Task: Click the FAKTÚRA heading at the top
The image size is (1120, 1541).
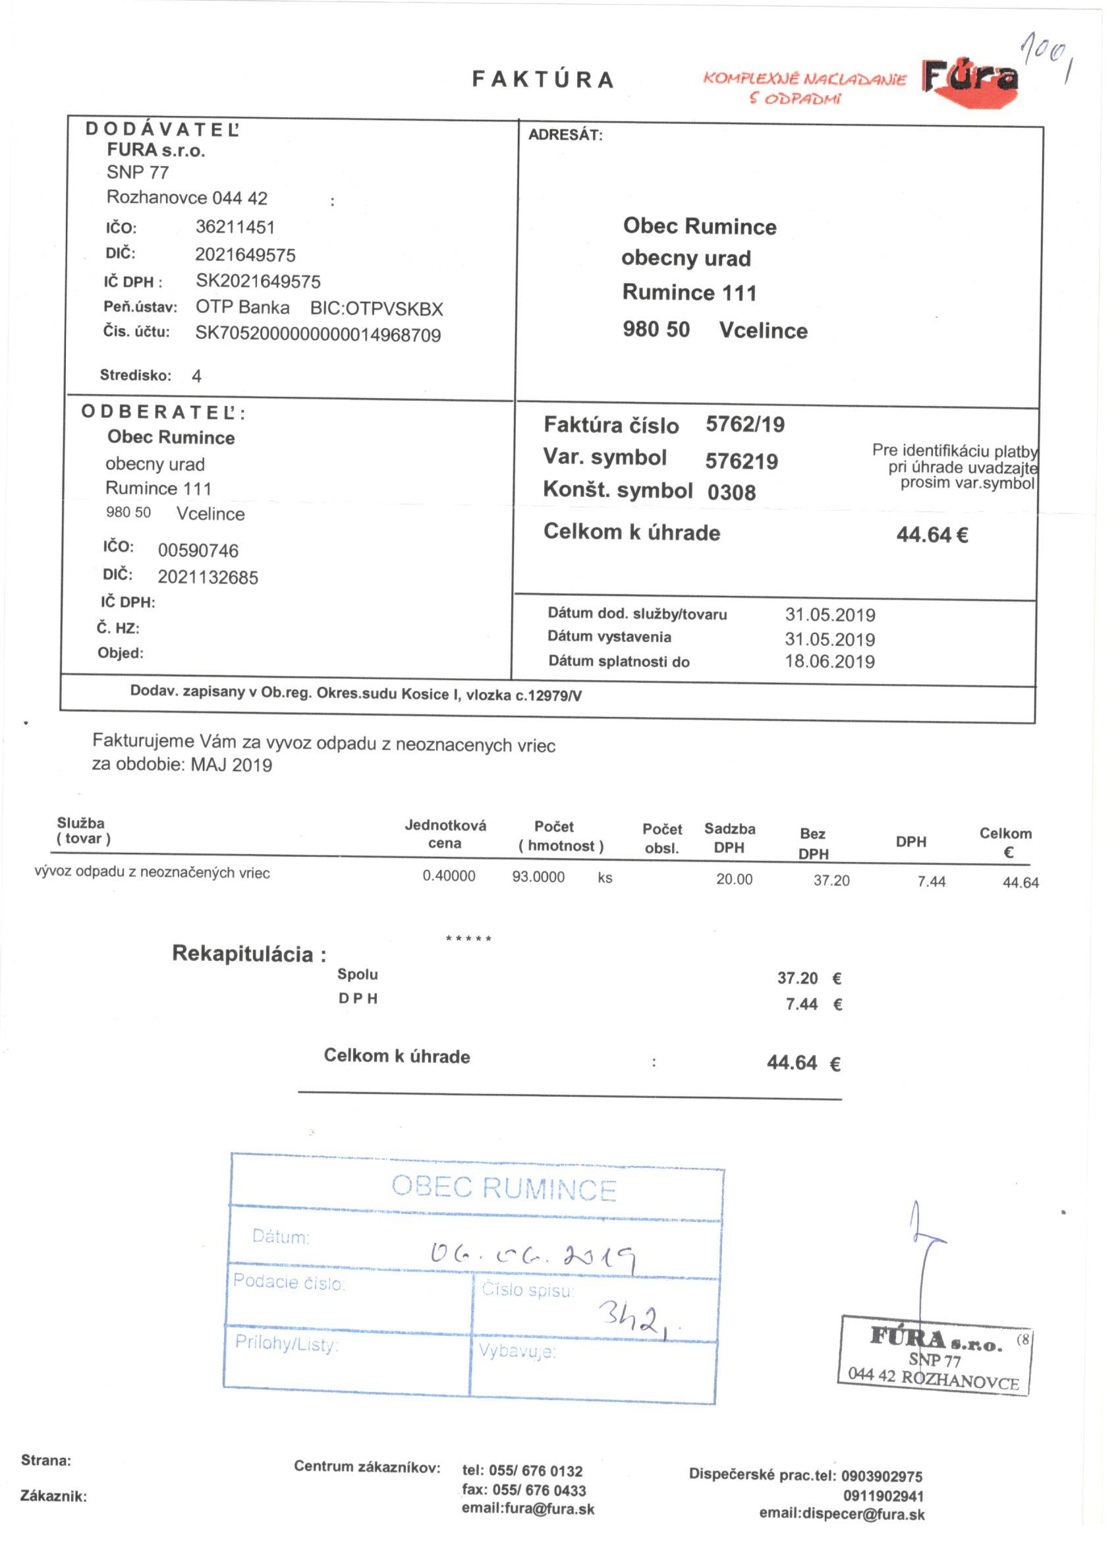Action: [543, 80]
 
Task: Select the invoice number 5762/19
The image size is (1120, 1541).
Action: [745, 424]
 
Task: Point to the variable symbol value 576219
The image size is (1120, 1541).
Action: [742, 461]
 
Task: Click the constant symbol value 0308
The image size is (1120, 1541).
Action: [731, 492]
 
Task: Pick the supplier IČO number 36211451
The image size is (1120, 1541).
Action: [235, 227]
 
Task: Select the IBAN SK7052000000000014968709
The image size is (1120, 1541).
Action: [318, 335]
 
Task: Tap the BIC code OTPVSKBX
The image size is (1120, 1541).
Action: [376, 309]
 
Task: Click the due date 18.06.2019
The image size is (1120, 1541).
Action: [830, 661]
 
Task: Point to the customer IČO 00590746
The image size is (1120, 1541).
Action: [198, 550]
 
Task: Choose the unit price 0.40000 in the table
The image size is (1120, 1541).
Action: [449, 877]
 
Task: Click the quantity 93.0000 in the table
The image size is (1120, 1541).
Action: [539, 877]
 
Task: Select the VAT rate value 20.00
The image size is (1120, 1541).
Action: [734, 879]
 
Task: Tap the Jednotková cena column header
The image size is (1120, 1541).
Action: [445, 834]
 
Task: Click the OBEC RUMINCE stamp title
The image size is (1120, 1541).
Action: [504, 1188]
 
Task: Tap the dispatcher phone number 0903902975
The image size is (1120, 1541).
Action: [882, 1476]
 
